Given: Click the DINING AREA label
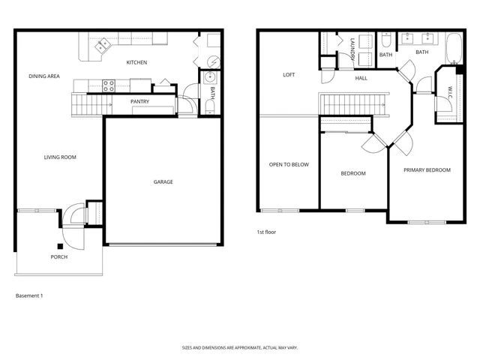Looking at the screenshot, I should point(44,76).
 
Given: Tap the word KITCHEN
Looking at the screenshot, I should point(136,62).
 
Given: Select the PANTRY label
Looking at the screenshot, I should point(139,101).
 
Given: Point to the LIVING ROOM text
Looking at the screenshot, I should point(60,157).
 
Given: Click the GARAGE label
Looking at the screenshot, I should point(163,181).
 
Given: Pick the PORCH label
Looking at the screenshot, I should point(59,257).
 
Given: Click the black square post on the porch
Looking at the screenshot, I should point(59,246).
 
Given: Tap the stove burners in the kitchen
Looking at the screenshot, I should point(108,84).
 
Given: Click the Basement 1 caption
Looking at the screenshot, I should point(29,295).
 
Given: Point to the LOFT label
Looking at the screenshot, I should point(289,75).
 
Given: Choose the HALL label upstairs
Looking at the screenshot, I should point(361,78).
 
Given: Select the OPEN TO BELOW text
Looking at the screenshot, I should point(289,165).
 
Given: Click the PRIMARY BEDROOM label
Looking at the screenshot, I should point(427,170).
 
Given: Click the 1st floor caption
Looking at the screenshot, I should point(266,232).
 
